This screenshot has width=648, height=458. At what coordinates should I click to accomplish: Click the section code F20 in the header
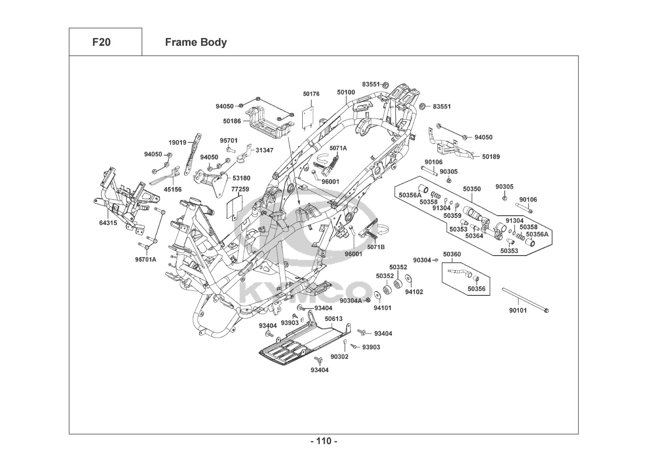(101, 42)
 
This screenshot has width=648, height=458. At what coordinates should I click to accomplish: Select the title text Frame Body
(196, 42)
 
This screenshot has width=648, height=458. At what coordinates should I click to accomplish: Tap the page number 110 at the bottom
(324, 441)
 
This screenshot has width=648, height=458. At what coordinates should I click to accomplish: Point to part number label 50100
(346, 92)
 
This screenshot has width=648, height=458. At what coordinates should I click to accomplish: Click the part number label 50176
(311, 94)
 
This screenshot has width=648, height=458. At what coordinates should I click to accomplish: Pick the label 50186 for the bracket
(232, 121)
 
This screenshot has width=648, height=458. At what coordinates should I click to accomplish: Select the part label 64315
(108, 223)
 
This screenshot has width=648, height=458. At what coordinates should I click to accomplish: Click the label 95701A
(146, 259)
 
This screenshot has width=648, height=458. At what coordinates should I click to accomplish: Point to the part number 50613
(333, 319)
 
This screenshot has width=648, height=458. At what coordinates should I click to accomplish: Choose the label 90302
(339, 356)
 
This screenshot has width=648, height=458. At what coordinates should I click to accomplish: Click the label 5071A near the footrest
(338, 148)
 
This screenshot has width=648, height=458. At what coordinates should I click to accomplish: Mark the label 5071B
(376, 247)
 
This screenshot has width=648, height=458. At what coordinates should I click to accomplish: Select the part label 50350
(472, 189)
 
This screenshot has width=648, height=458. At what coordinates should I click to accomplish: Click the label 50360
(452, 254)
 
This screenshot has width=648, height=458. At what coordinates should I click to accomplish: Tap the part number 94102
(414, 292)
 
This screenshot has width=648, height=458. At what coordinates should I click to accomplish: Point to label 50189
(491, 157)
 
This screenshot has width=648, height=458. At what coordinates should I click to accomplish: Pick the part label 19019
(177, 142)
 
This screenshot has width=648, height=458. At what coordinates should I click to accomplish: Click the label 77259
(240, 189)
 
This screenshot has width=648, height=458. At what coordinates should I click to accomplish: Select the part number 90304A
(350, 300)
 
